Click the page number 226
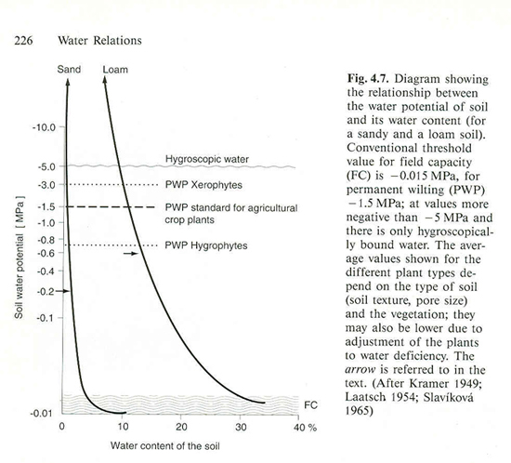pos(23,40)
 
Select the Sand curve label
pos(69,70)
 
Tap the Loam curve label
pos(115,70)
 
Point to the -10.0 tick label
pos(44,127)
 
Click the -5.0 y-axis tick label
pos(46,167)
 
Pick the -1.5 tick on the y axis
pos(46,207)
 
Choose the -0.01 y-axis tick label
pos(42,414)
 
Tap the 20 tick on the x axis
pos(181,427)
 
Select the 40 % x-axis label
pos(305,428)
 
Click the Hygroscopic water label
pos(207,159)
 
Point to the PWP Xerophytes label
pos(203,185)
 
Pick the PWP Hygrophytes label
pos(206,245)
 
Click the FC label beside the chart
pos(310,405)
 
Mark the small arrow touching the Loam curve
pos(131,253)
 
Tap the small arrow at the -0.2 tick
pos(62,291)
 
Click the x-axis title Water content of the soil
pos(164,445)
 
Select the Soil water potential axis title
pos(19,258)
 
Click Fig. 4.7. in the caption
pos(368,79)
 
